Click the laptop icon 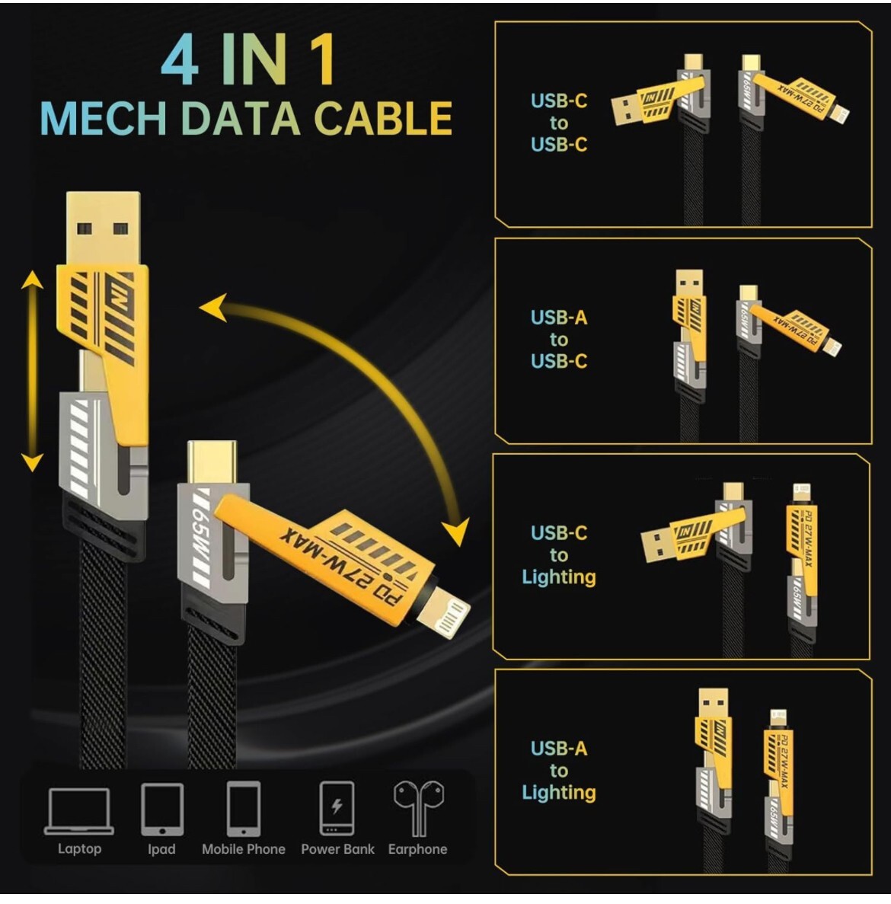click(79, 810)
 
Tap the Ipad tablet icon click(161, 810)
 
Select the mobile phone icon click(244, 809)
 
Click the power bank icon click(337, 809)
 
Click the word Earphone click(417, 849)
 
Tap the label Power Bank click(337, 849)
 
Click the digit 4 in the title click(180, 61)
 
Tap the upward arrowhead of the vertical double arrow click(31, 283)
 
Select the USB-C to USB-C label click(559, 123)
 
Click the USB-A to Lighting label click(559, 771)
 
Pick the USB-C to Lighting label click(559, 554)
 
